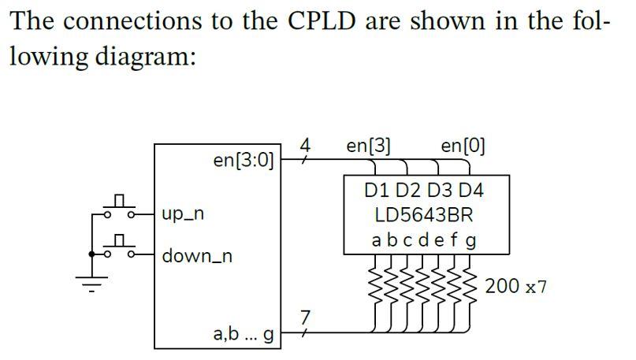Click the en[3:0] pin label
(x=244, y=161)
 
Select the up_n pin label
(x=184, y=214)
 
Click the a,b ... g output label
(x=244, y=334)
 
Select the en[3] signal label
(x=369, y=146)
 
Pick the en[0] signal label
(x=463, y=146)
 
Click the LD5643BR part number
(x=424, y=214)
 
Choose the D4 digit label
(x=470, y=191)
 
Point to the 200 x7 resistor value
(x=515, y=285)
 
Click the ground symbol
(x=94, y=284)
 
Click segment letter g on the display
(x=471, y=239)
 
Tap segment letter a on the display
(x=377, y=239)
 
